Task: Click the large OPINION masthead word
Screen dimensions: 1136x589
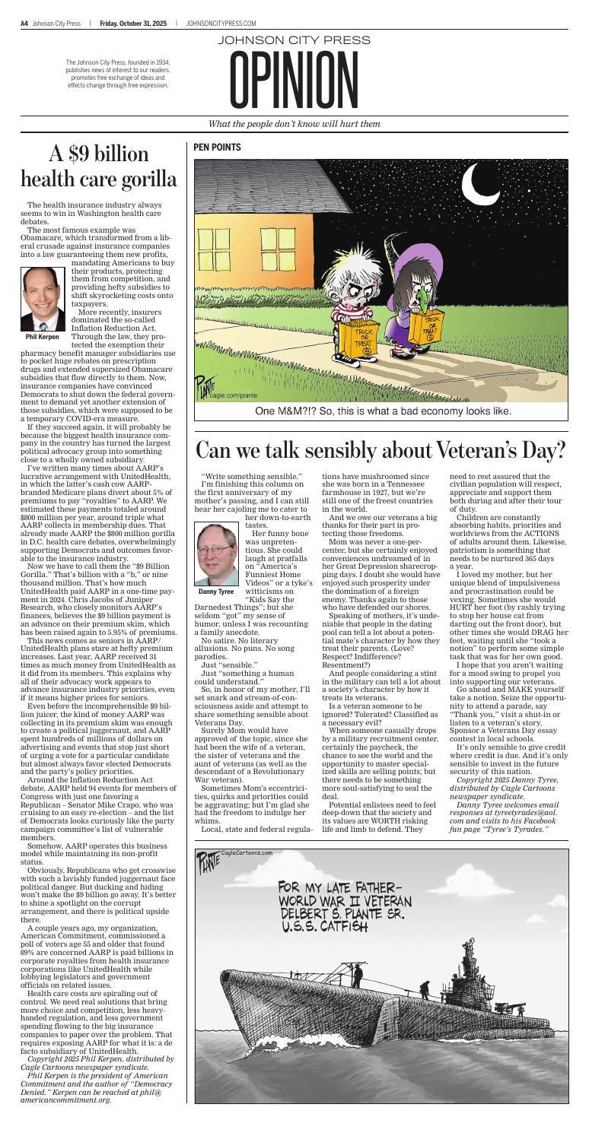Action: click(294, 81)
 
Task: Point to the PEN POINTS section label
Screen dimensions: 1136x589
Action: click(218, 147)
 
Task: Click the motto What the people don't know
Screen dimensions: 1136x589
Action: click(294, 124)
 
